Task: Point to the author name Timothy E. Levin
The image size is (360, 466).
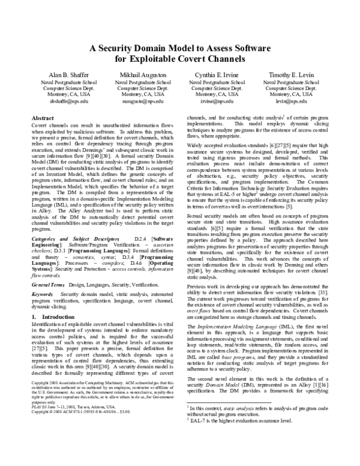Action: [x=290, y=73]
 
